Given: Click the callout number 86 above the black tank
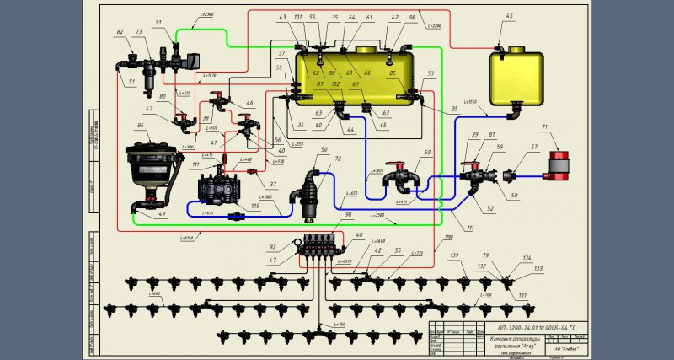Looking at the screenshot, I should point(141,126).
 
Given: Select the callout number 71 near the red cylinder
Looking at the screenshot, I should point(544,126).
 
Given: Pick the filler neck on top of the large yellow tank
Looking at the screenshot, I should point(366,49).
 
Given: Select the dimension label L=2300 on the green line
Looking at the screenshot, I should point(208,15).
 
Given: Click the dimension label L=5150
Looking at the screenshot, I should point(187,239).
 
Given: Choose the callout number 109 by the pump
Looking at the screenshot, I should point(254,205).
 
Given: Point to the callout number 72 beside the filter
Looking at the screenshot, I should point(339,158).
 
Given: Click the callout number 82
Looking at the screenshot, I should point(120,31).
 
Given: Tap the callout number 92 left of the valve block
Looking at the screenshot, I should point(272,247).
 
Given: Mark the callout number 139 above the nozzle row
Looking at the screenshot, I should point(455,255).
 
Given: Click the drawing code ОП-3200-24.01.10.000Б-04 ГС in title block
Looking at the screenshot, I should point(538,325).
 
